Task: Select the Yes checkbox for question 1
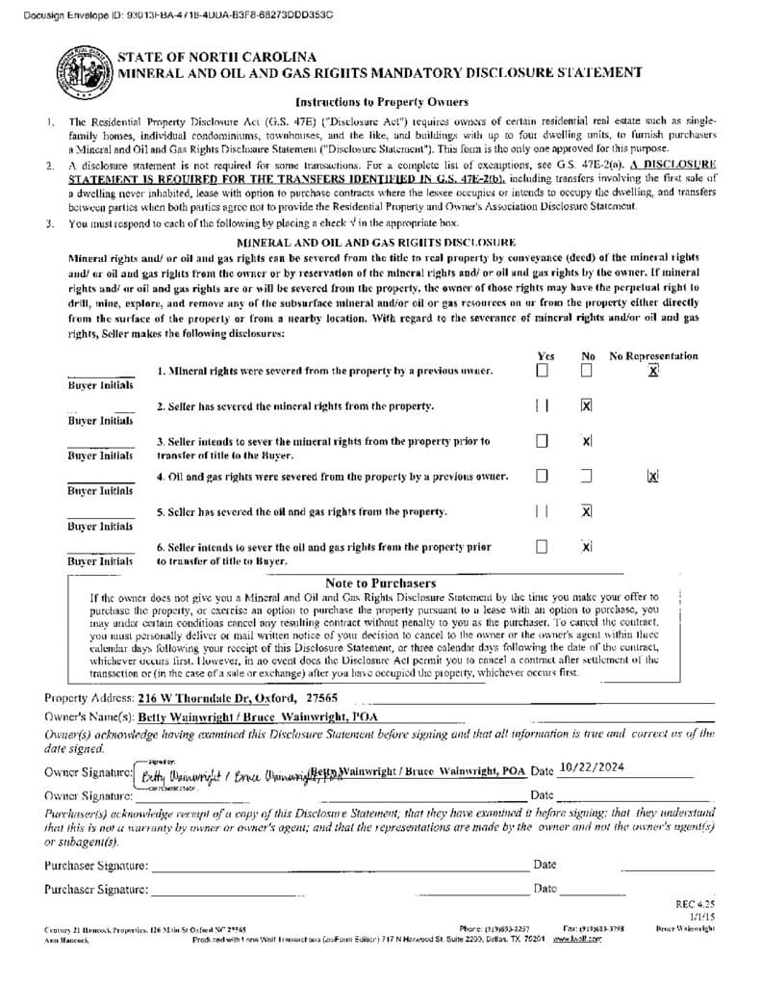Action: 543,370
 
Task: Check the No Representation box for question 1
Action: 653,371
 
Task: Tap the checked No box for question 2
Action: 586,405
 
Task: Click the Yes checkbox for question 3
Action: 543,441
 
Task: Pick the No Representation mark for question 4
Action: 653,476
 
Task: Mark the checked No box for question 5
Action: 586,510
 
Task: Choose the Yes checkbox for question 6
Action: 543,547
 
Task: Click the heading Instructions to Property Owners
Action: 381,102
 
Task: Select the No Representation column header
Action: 653,355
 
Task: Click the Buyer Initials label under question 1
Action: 100,385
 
